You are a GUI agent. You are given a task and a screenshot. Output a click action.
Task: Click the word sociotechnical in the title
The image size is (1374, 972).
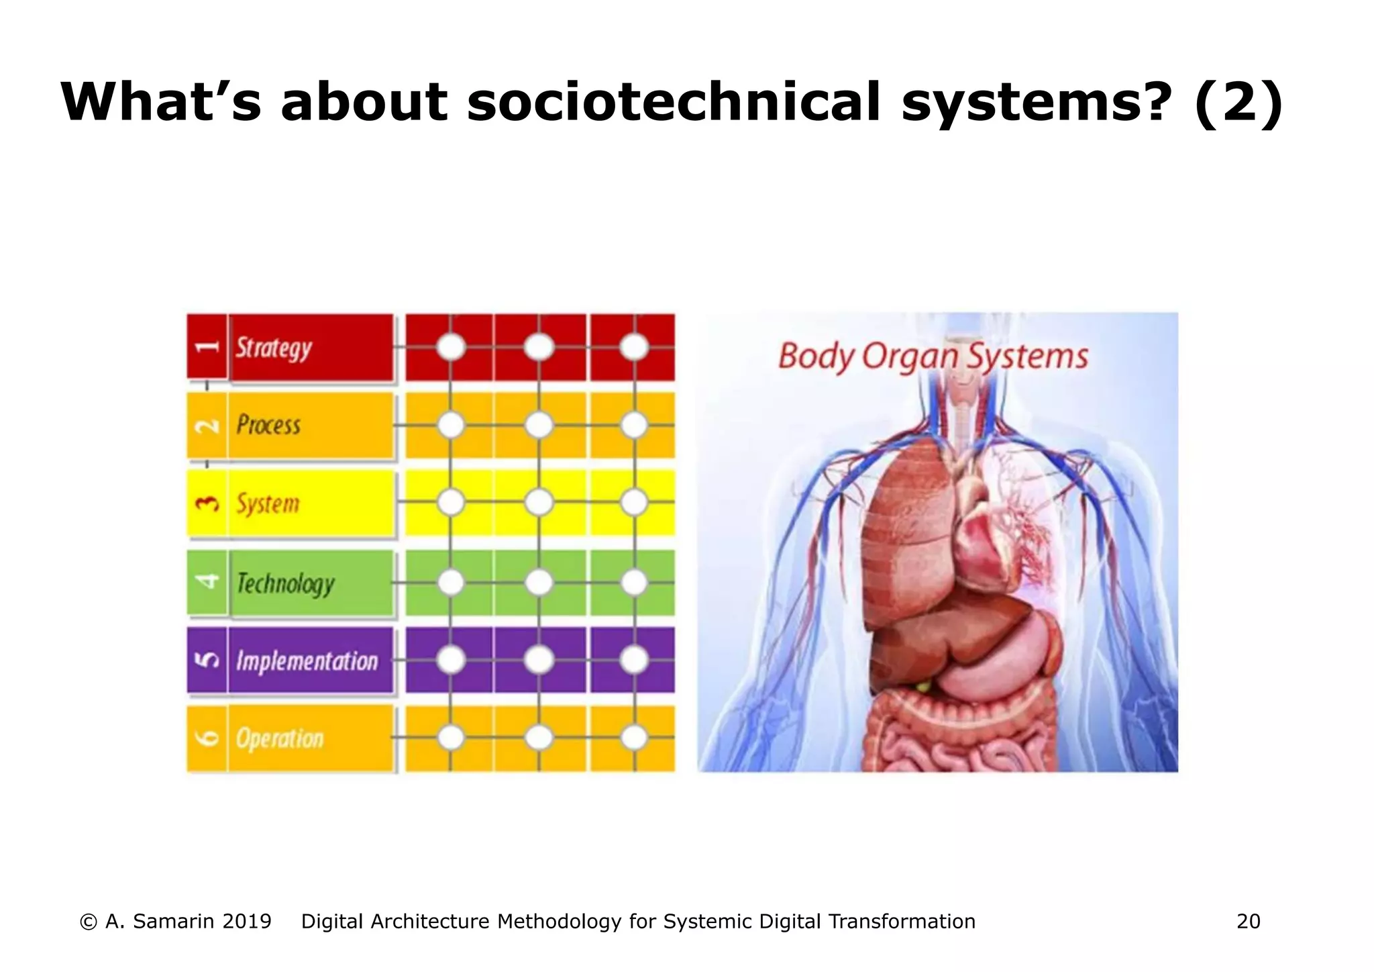click(673, 102)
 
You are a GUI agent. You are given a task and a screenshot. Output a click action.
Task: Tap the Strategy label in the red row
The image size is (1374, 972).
click(274, 348)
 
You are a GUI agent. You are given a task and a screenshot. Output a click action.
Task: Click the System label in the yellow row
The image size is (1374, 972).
click(268, 503)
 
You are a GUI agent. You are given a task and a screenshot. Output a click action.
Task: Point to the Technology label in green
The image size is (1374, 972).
click(286, 583)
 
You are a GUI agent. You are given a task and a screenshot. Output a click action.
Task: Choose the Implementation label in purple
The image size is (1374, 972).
click(307, 661)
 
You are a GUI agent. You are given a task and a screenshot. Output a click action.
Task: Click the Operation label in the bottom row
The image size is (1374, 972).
click(280, 738)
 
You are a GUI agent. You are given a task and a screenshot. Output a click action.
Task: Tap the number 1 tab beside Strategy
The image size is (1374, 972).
click(207, 347)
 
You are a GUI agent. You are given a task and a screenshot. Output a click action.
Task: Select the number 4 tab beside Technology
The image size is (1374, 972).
click(207, 582)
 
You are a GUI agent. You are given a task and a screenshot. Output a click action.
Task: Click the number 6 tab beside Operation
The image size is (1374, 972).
click(207, 738)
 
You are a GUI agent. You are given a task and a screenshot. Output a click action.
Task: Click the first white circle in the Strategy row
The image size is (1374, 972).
click(451, 347)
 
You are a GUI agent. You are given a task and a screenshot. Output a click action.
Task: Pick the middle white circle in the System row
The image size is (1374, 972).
click(539, 503)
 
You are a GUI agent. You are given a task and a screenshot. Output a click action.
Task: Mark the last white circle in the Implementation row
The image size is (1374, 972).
click(634, 661)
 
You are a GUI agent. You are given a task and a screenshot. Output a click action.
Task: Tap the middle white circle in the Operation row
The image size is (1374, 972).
click(539, 738)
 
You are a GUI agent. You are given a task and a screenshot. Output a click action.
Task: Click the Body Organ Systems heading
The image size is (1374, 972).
click(933, 356)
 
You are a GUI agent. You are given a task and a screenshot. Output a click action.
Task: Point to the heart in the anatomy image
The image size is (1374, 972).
click(983, 537)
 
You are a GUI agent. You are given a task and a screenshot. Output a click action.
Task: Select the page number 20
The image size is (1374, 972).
click(1248, 922)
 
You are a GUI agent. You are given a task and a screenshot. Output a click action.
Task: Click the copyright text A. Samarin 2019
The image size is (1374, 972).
click(176, 922)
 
